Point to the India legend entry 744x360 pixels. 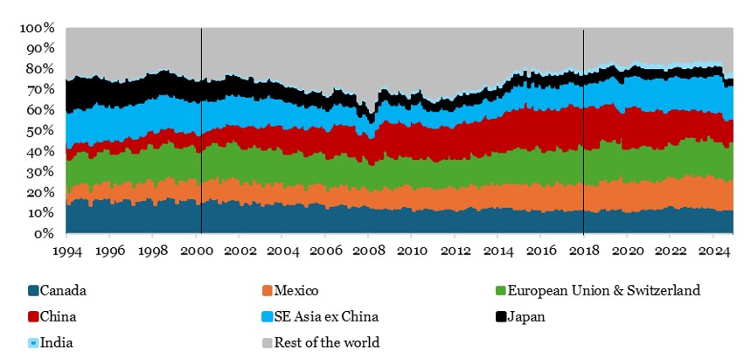point(56,342)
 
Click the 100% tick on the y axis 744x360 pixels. point(37,28)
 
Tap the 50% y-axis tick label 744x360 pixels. point(40,131)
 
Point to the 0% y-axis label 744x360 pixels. point(45,234)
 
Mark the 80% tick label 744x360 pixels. point(40,69)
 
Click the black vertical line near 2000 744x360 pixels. point(202,131)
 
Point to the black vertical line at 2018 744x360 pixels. point(583,131)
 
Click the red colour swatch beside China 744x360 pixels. point(34,316)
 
